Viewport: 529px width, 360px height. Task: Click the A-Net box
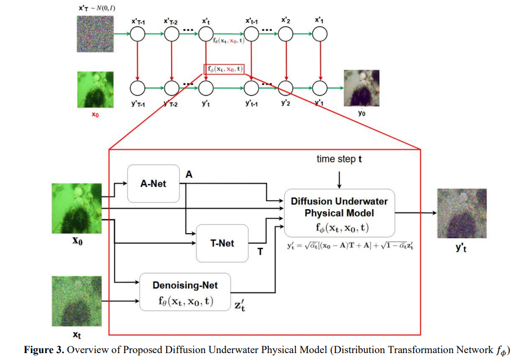153,184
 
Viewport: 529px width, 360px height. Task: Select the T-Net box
223,243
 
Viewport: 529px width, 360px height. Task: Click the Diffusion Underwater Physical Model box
339,213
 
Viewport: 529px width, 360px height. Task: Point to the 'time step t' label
339,159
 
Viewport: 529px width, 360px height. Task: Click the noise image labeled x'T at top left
95,35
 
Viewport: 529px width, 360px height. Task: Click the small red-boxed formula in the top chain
224,69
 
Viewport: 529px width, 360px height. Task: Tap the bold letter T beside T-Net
260,252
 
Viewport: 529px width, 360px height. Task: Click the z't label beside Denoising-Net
240,305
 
